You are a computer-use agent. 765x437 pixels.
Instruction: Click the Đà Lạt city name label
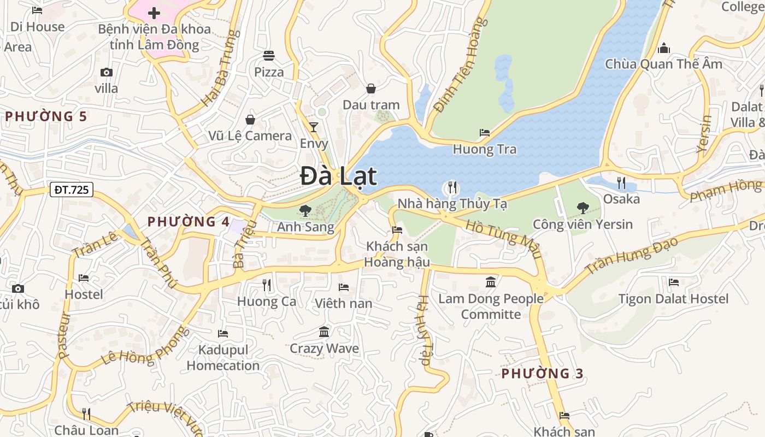[338, 176]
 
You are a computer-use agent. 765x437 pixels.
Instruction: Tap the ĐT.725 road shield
[71, 190]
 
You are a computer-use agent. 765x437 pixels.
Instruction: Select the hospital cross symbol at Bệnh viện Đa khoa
[154, 13]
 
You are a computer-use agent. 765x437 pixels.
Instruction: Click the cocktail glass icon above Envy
[314, 127]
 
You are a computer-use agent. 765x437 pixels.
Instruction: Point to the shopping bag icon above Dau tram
[371, 88]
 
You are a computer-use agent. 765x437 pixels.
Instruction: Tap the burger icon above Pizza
[268, 56]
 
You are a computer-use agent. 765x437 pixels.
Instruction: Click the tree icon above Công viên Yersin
[582, 208]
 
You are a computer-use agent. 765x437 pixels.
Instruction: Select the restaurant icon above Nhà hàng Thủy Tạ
[452, 188]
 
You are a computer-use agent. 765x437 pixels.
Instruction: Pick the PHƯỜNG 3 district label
[542, 374]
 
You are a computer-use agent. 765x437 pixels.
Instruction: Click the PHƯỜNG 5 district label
[46, 116]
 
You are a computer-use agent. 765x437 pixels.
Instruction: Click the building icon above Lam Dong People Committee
[491, 282]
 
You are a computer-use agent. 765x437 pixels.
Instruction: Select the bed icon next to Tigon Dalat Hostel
[674, 282]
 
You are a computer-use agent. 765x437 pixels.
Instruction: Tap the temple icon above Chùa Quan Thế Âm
[664, 49]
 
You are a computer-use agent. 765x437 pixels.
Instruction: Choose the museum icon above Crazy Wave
[324, 332]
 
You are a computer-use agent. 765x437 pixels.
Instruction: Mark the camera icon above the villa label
[107, 72]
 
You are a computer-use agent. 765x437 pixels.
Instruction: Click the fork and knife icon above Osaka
[621, 182]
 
